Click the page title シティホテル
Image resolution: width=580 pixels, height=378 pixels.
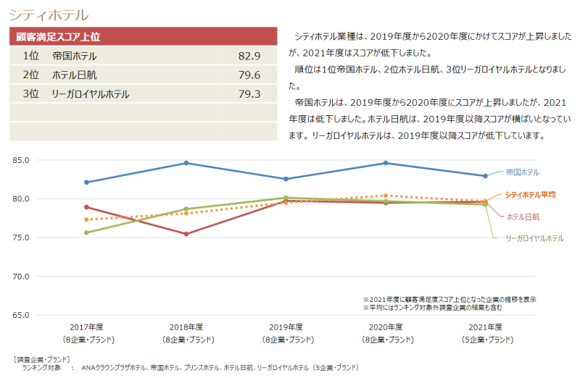coord(49,14)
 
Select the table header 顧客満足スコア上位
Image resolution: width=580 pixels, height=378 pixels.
coord(58,36)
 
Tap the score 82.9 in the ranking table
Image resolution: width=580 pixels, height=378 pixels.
coord(249,56)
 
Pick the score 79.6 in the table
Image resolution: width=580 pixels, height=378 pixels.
coord(249,75)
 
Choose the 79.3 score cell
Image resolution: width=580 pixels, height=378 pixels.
coord(249,93)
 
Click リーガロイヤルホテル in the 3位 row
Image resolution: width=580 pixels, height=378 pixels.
coord(91,93)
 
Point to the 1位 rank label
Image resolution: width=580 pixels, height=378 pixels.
coord(30,56)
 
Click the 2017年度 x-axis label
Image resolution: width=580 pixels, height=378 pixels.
coord(86,327)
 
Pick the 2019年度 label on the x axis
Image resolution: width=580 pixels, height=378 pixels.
coord(286,327)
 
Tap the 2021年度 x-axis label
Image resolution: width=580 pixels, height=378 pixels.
coord(485,327)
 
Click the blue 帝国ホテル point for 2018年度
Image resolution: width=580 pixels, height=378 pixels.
coord(186,163)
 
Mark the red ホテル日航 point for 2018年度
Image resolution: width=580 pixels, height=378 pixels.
coord(186,234)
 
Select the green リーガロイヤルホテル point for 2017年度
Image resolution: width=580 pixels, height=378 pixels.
coord(86,232)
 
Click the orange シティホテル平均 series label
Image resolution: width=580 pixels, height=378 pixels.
coord(530,195)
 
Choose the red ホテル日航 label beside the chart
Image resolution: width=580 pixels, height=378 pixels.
coord(523,217)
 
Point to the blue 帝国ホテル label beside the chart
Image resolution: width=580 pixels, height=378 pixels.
coord(523,172)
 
